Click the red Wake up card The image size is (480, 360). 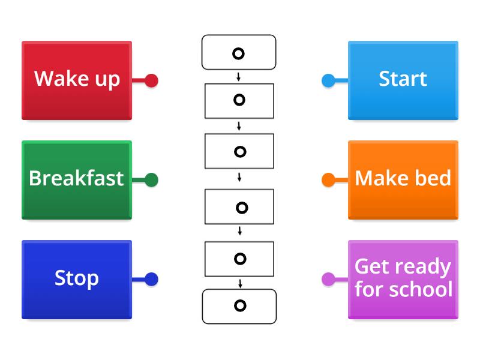click(x=77, y=80)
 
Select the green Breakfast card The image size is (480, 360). click(x=77, y=179)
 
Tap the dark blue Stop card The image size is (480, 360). click(x=77, y=279)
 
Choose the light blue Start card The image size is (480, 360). click(x=403, y=80)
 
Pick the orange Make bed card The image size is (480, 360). click(x=403, y=179)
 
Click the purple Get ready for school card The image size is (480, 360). click(x=403, y=279)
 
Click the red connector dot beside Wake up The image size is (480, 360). click(x=151, y=80)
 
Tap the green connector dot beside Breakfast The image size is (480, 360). click(x=151, y=180)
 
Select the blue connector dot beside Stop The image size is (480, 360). click(x=151, y=279)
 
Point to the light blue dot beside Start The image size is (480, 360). click(x=328, y=80)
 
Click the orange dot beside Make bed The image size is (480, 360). click(x=328, y=180)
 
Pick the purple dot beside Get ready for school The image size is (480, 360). click(x=328, y=279)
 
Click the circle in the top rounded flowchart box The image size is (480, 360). click(x=238, y=54)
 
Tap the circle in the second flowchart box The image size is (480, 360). click(x=239, y=100)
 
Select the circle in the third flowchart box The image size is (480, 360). click(x=239, y=152)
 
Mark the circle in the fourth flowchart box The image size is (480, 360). click(x=242, y=208)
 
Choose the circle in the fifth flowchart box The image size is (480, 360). click(x=240, y=259)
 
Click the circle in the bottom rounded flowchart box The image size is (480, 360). click(x=240, y=306)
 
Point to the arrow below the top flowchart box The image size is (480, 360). click(x=239, y=77)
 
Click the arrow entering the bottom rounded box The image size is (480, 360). click(x=240, y=283)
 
